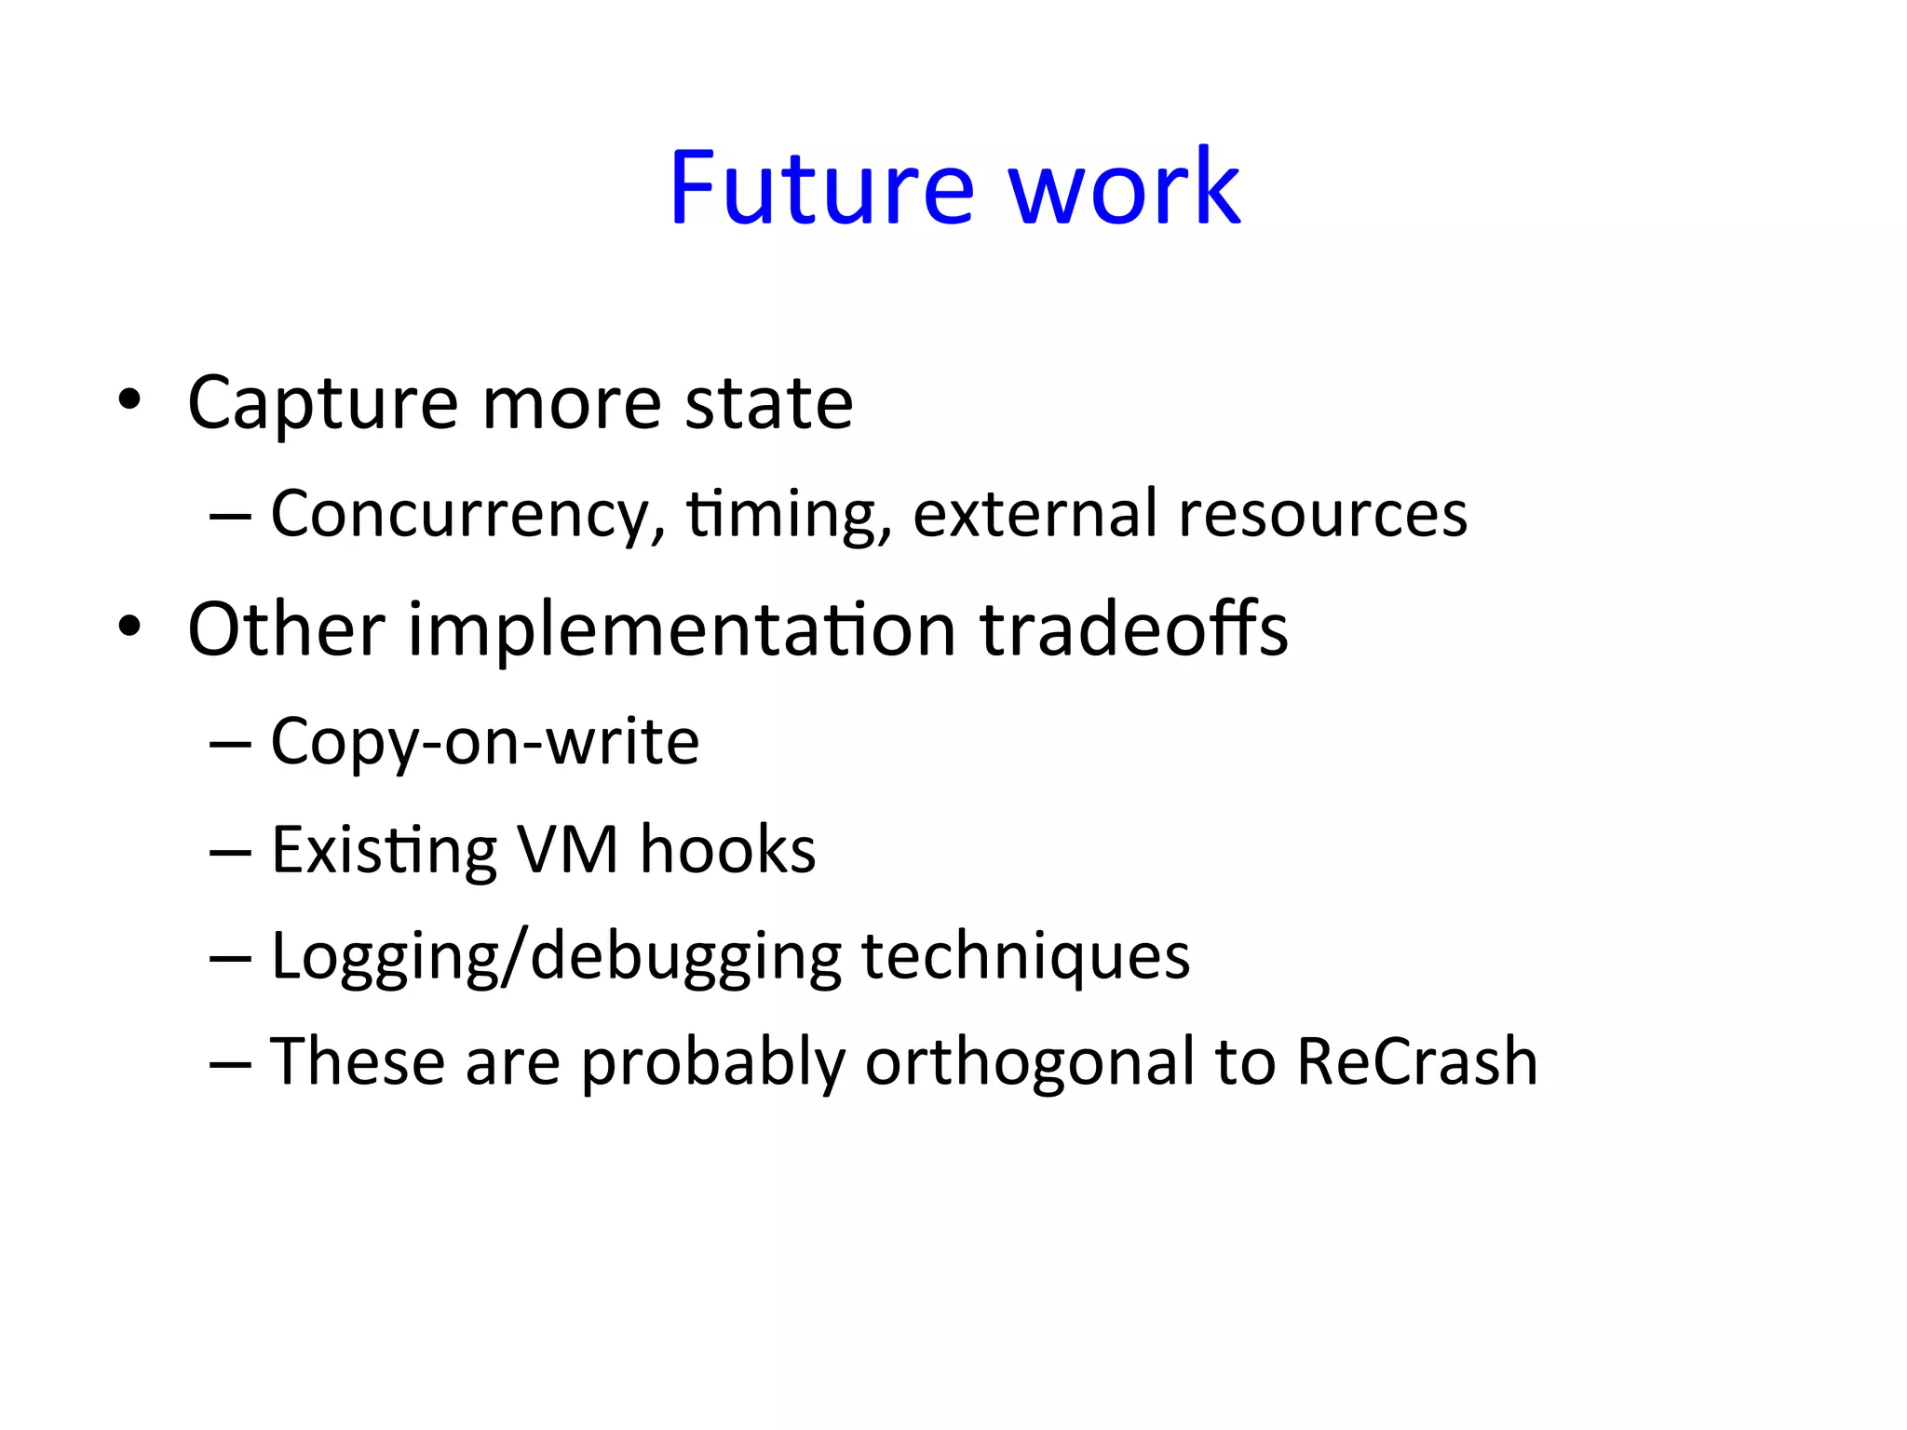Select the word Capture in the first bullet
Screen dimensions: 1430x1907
point(322,404)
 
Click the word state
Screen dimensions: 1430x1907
point(768,404)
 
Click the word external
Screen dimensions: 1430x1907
point(1035,515)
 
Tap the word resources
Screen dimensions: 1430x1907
point(1322,515)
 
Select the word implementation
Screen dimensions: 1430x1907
point(682,630)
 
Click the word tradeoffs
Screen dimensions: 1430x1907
point(1134,630)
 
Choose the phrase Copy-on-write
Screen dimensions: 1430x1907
point(484,742)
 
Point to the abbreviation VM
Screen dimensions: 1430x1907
point(568,850)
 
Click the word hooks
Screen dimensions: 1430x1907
point(727,850)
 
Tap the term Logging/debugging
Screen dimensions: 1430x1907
point(556,957)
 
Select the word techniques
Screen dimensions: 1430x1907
point(1025,957)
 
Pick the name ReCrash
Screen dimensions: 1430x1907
point(1416,1062)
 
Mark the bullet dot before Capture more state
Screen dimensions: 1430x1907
point(129,400)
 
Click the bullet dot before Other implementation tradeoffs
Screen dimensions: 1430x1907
point(129,627)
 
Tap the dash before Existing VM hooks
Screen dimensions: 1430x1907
point(230,852)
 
